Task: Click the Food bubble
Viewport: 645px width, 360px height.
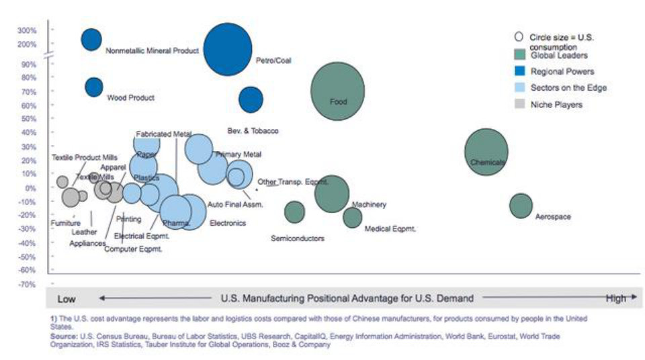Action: coord(337,91)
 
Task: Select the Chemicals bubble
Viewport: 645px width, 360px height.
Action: coord(486,152)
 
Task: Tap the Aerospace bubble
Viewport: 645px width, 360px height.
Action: coord(521,206)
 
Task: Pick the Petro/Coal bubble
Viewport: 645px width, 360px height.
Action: coord(228,49)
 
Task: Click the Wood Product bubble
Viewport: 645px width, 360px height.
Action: coord(94,87)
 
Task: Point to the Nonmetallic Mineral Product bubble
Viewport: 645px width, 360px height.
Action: coord(91,40)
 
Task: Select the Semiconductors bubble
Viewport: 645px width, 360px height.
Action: coord(294,212)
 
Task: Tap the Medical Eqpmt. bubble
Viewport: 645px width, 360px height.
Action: coord(352,218)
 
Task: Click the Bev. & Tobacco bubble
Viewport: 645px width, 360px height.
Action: coord(251,99)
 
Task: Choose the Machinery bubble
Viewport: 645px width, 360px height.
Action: coord(332,193)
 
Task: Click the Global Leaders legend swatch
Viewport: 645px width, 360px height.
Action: coord(519,54)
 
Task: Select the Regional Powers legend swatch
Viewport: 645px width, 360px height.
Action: coord(519,71)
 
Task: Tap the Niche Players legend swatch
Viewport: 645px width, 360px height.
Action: coord(519,104)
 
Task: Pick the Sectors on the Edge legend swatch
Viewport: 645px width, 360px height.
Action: coord(519,87)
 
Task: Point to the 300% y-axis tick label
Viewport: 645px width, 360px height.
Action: coord(28,30)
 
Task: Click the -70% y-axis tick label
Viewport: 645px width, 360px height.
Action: coord(28,284)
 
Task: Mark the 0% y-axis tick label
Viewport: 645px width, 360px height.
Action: coord(31,188)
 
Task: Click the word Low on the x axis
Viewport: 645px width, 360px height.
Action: coord(66,299)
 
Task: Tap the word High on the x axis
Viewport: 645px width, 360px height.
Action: coord(615,299)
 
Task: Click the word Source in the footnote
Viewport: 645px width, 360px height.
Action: coord(64,335)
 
